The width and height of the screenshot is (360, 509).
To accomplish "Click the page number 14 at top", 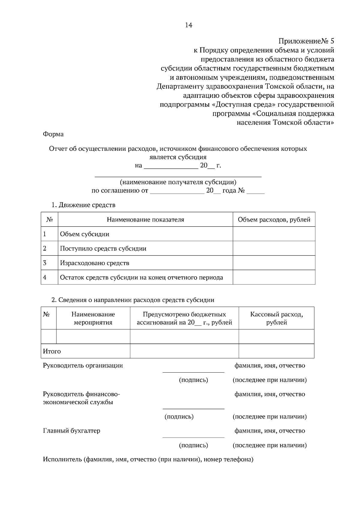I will (188, 25).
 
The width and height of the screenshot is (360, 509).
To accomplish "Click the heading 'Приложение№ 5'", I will (306, 41).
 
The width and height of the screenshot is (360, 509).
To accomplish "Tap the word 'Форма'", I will (53, 134).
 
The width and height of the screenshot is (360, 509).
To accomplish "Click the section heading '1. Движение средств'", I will (83, 205).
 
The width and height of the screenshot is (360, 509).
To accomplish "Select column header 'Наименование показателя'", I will (145, 220).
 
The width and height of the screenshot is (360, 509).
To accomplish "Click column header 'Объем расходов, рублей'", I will (274, 220).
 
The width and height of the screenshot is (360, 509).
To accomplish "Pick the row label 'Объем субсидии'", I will (85, 234).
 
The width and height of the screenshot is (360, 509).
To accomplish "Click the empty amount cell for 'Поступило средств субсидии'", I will (274, 249).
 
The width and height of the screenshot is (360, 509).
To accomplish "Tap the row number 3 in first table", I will (45, 263).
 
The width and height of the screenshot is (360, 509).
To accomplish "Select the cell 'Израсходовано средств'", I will (94, 263).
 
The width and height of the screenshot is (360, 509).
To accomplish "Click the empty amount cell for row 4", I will (274, 277).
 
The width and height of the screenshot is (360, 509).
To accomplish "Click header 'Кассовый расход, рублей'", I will (276, 318).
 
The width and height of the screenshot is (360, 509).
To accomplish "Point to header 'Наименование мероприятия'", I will (93, 318).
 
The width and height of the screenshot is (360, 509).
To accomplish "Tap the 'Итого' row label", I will (52, 351).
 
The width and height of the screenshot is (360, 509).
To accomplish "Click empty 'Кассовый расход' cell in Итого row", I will (276, 351).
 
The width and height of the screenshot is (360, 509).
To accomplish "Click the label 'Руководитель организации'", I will (83, 365).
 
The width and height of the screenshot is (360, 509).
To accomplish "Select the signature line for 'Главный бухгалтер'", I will (193, 437).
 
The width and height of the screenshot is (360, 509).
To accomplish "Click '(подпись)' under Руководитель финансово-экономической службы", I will (179, 416).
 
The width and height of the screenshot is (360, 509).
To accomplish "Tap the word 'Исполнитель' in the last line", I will (62, 459).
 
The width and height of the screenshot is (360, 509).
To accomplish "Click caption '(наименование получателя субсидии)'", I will (178, 182).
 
